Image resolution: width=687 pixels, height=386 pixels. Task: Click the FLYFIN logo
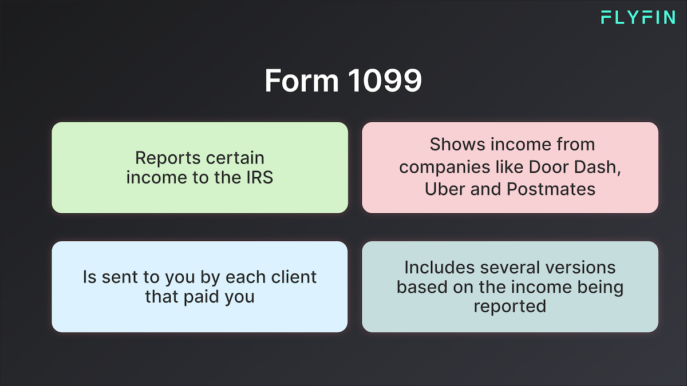(638, 17)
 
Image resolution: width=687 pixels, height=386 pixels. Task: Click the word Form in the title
(302, 80)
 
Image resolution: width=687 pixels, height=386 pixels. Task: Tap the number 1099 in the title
(385, 80)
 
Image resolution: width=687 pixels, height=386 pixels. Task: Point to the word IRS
(259, 177)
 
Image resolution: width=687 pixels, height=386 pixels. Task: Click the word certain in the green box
(235, 158)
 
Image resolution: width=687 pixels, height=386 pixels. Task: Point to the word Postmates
(551, 189)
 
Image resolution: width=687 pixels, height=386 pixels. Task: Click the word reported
(510, 307)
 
